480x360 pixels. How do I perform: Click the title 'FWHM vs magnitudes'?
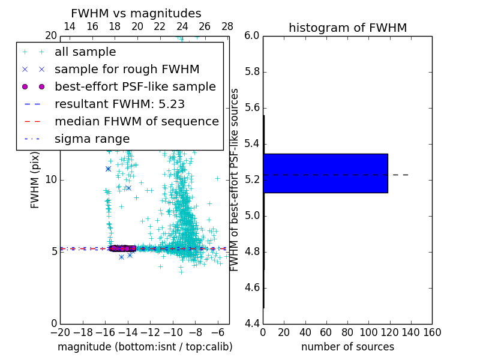click(x=136, y=13)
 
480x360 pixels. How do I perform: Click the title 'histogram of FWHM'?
click(x=347, y=28)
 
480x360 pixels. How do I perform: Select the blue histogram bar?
click(x=325, y=173)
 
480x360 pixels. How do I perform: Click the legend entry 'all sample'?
click(x=85, y=52)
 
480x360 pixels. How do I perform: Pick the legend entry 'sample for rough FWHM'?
click(x=127, y=69)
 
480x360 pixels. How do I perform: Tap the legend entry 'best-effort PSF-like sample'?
click(x=135, y=86)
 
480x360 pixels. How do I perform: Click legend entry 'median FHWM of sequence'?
click(x=137, y=121)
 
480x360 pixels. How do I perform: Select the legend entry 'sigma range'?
click(x=92, y=139)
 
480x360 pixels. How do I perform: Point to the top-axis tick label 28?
click(x=227, y=26)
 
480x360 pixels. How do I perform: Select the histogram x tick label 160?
click(x=432, y=332)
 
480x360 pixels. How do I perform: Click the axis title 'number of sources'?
click(x=347, y=347)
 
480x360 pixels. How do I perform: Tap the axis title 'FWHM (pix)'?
click(x=35, y=179)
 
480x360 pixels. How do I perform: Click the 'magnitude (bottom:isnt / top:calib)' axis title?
click(x=145, y=347)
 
